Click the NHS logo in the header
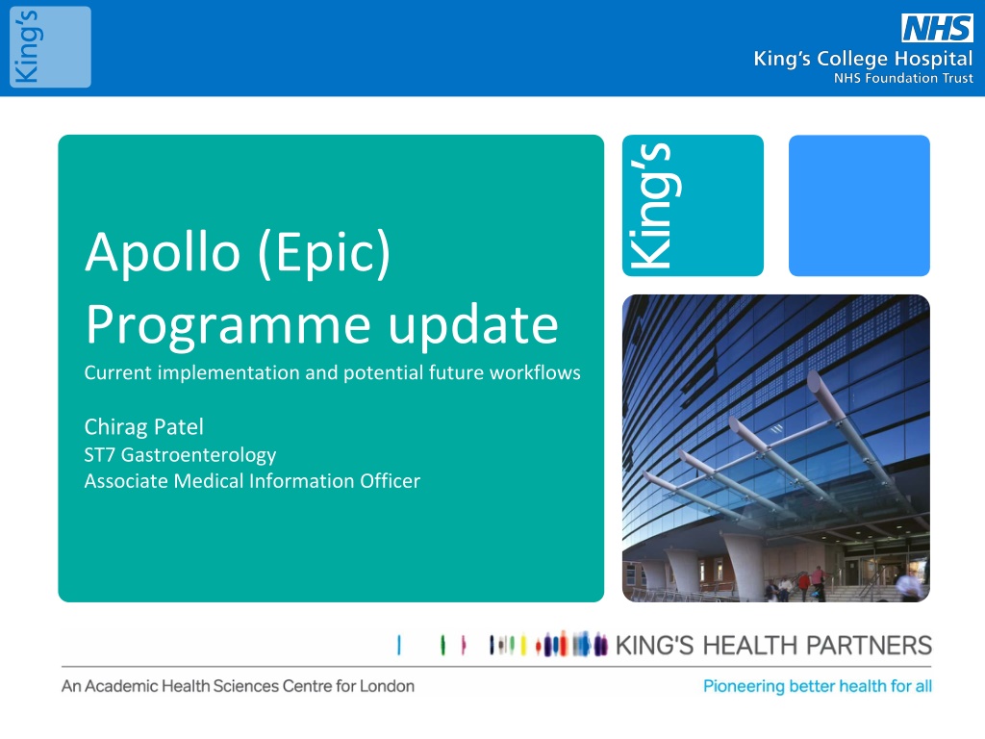coord(937,28)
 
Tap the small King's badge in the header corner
coord(50,47)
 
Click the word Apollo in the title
coord(163,253)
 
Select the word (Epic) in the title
coord(325,253)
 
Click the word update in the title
coord(473,325)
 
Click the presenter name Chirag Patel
coord(144,427)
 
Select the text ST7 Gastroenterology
coord(180,455)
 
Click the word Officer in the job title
coord(391,481)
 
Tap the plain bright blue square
coord(859,206)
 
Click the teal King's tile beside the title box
coord(693,206)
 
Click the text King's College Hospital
coord(863,59)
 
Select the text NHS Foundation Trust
coord(903,79)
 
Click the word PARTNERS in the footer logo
coord(869,646)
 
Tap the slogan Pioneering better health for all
coord(818,686)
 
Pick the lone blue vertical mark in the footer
coord(399,646)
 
